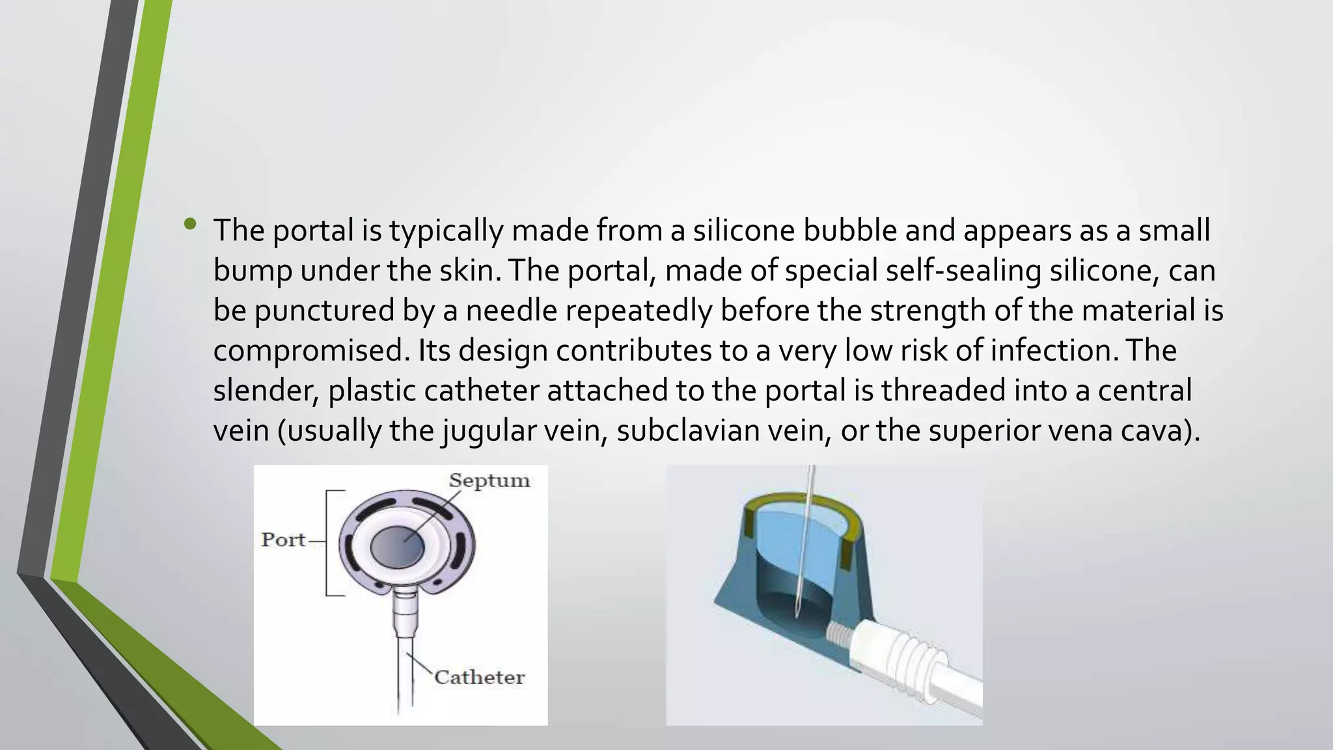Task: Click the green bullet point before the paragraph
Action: [x=190, y=225]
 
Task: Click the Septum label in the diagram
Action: [x=489, y=481]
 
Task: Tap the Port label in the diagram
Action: [x=283, y=540]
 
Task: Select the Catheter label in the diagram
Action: [x=479, y=678]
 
